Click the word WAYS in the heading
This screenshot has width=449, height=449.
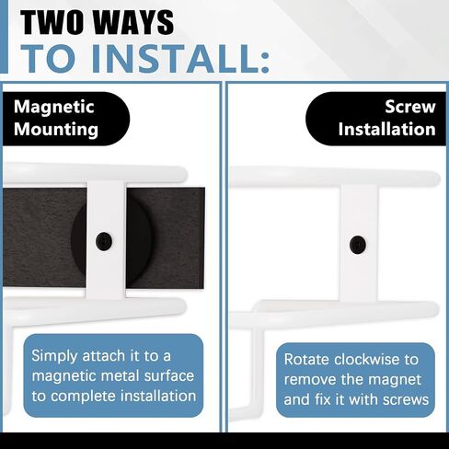tap(133, 22)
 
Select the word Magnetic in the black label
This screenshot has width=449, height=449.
tap(54, 108)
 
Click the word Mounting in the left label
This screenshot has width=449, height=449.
tap(56, 130)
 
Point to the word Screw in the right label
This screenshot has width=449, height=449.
tap(410, 107)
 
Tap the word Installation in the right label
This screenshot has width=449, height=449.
tap(387, 129)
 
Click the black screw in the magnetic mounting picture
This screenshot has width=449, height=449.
tap(104, 241)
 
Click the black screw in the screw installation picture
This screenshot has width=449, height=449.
tap(358, 245)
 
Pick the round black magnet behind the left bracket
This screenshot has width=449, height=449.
tap(80, 239)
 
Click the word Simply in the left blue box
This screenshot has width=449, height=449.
tap(54, 356)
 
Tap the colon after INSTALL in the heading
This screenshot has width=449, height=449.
tap(265, 62)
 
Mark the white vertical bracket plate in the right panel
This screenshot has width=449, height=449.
tap(359, 243)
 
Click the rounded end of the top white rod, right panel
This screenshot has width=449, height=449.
tap(435, 178)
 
